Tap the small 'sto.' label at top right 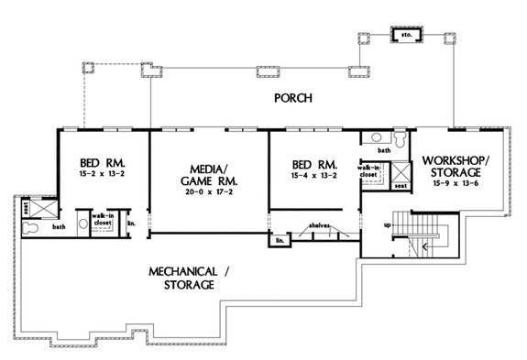[x=404, y=35]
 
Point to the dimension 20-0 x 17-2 [x=207, y=193]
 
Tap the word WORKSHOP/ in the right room [x=452, y=161]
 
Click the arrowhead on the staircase [x=425, y=246]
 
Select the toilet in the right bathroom [x=370, y=139]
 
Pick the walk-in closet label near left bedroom [x=102, y=220]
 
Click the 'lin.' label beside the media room [x=132, y=223]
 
